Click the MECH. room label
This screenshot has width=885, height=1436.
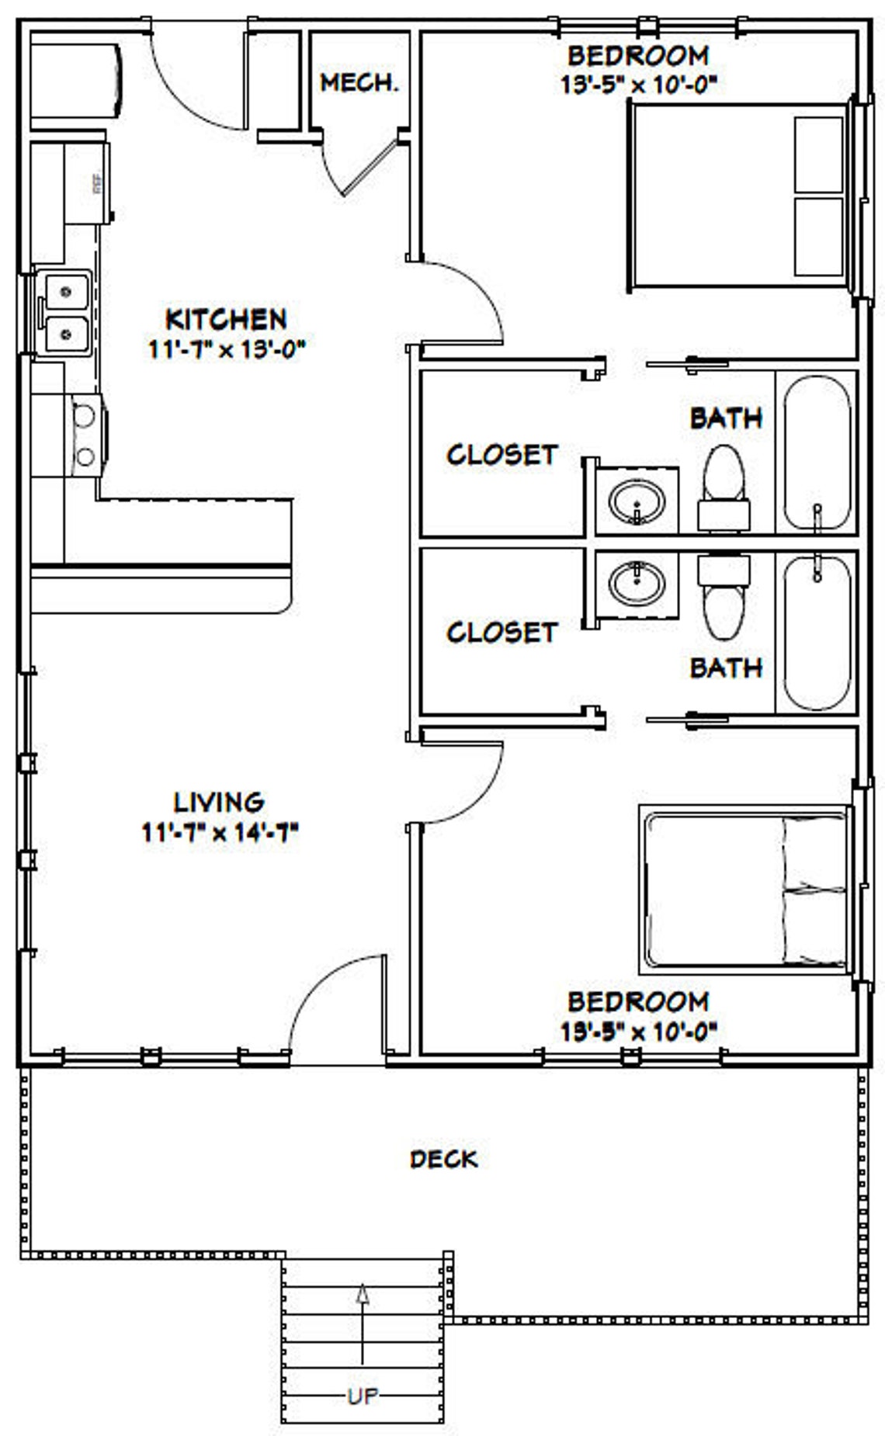point(359,82)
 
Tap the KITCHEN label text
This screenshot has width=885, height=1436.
point(226,319)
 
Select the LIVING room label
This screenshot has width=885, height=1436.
point(218,801)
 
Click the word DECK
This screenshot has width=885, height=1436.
point(443,1159)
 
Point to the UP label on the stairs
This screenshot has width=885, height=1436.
point(363,1396)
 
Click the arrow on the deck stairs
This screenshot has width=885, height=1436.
point(363,1320)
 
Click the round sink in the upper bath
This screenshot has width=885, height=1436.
point(637,501)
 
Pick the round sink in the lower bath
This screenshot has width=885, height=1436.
point(637,584)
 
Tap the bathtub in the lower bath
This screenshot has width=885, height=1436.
point(816,632)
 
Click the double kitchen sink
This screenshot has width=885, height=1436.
point(66,313)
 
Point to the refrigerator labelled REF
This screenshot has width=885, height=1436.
point(87,183)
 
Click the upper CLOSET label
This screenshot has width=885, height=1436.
point(501,454)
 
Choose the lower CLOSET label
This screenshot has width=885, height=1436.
point(501,632)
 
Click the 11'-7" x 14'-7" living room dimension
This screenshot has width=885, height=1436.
point(220,833)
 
